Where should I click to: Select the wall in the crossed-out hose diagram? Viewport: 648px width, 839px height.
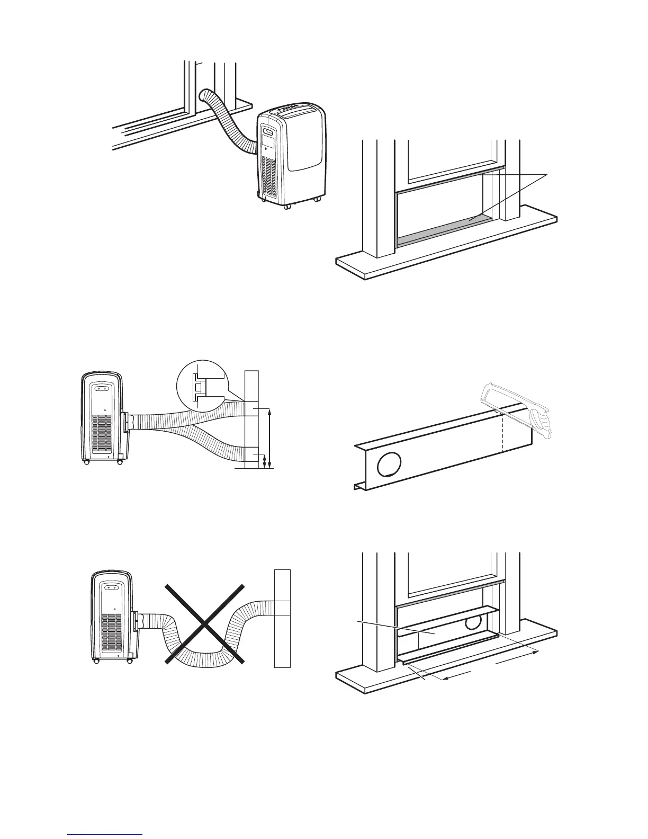pyautogui.click(x=283, y=618)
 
